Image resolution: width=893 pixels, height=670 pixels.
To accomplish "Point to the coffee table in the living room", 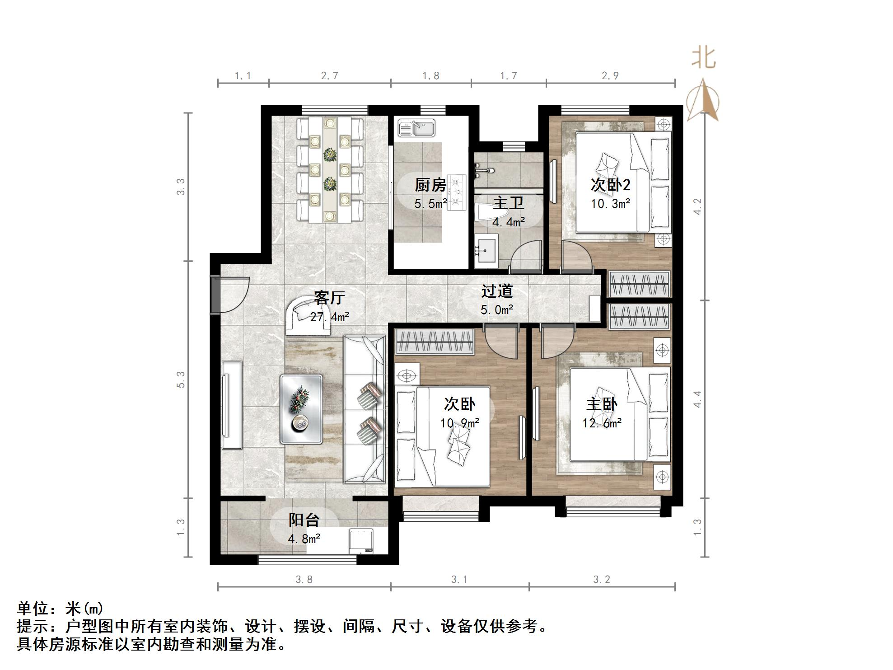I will pyautogui.click(x=301, y=408).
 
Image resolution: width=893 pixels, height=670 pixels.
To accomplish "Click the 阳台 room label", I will pyautogui.click(x=304, y=520).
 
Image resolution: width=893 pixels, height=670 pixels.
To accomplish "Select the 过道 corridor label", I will pyautogui.click(x=497, y=291).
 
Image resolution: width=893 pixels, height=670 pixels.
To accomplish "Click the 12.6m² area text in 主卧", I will pyautogui.click(x=602, y=423).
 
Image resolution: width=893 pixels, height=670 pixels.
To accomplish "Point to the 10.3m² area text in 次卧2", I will pyautogui.click(x=611, y=204).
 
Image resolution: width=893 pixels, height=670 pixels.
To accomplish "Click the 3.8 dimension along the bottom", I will pyautogui.click(x=304, y=579).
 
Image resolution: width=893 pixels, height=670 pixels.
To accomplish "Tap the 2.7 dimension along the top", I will pyautogui.click(x=330, y=76).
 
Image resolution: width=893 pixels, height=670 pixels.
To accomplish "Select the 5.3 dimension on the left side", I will pyautogui.click(x=181, y=380).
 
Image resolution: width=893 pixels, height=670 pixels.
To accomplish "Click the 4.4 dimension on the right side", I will pyautogui.click(x=698, y=399).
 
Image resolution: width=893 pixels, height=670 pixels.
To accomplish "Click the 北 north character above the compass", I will pyautogui.click(x=703, y=58).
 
